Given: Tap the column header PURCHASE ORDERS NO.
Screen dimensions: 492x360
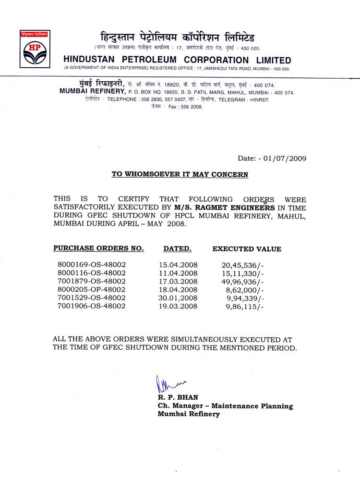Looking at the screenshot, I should click(x=98, y=249).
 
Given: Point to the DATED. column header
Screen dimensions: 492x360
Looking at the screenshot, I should click(x=177, y=249).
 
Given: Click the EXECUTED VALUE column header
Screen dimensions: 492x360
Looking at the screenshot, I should click(x=247, y=249).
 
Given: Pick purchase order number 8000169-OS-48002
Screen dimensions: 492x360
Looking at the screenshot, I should click(x=91, y=264).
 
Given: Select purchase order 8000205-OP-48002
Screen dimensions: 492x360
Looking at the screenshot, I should click(x=91, y=289).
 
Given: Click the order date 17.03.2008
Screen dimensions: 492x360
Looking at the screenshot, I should click(x=178, y=281).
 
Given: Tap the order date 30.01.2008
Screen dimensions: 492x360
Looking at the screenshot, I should click(x=178, y=297).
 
